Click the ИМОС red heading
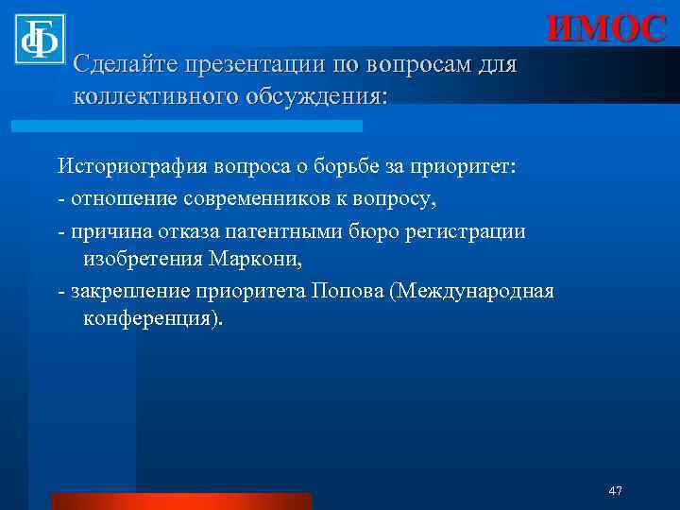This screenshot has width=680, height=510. [x=605, y=28]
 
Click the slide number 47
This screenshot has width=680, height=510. [x=615, y=490]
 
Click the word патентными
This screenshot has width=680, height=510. [x=299, y=231]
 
